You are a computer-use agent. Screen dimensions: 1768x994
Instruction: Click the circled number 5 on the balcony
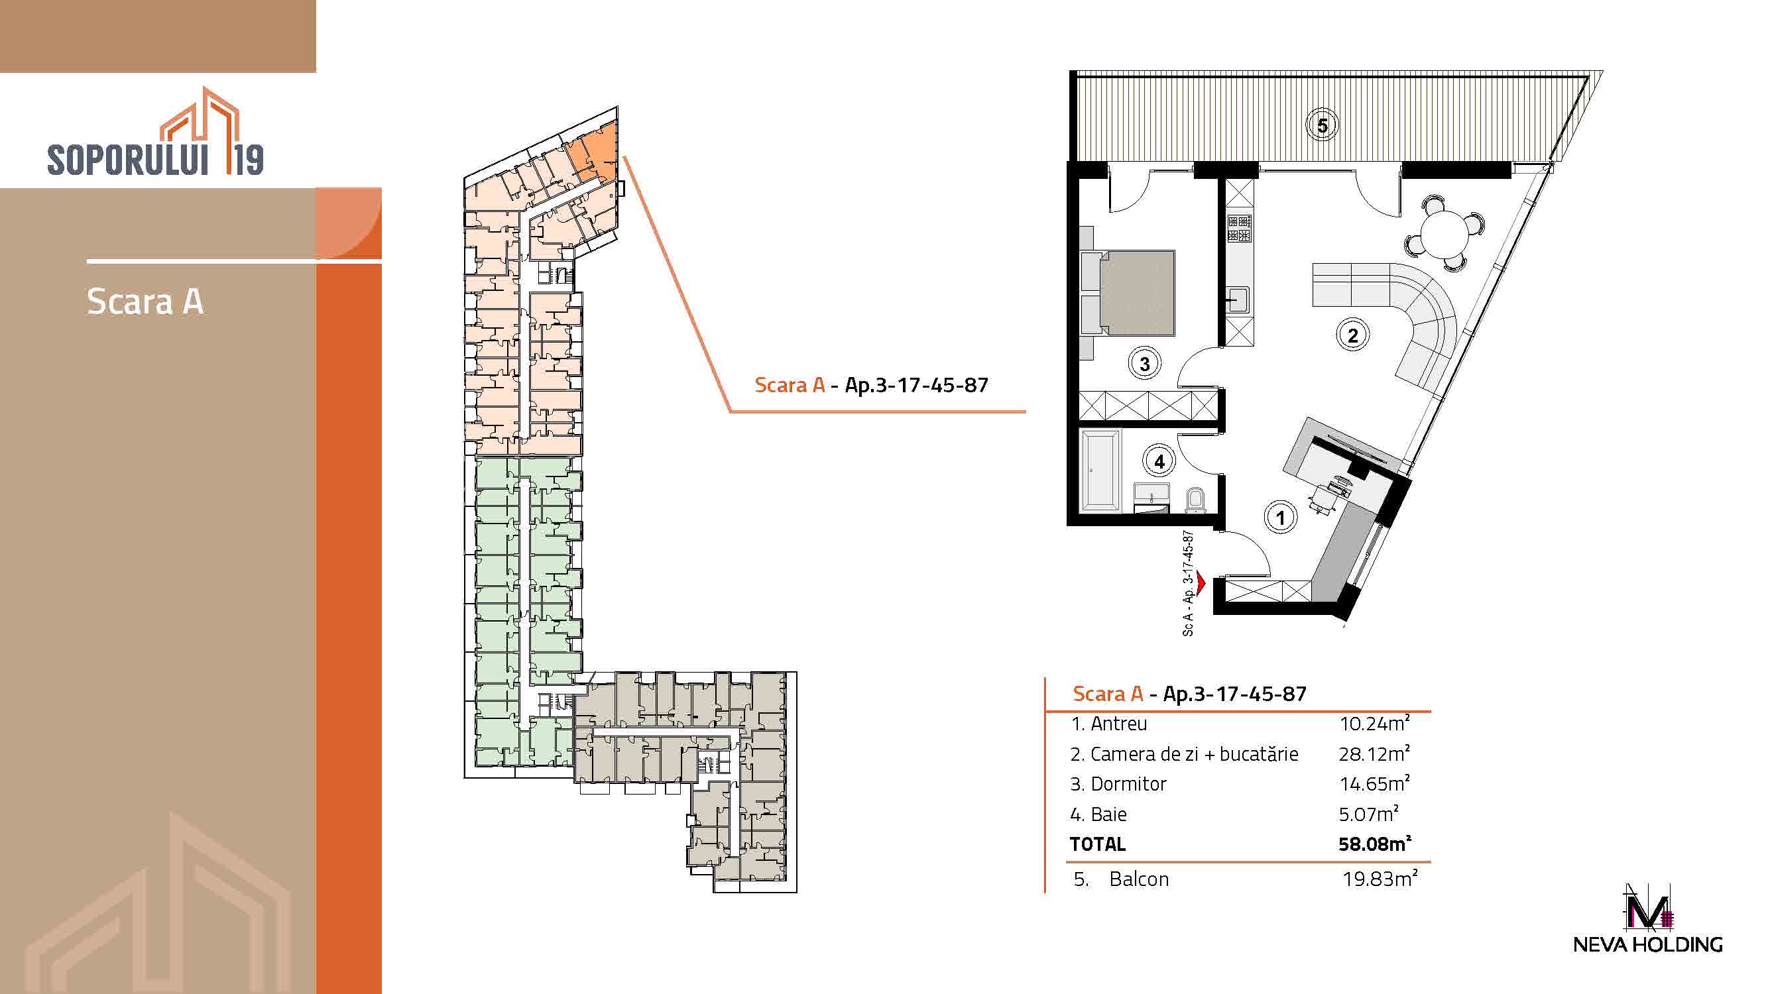click(x=1322, y=126)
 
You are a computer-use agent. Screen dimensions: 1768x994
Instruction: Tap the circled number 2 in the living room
click(x=1353, y=335)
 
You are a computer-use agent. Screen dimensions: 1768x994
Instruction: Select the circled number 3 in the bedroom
click(x=1144, y=364)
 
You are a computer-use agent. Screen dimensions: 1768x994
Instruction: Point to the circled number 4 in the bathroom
click(x=1159, y=461)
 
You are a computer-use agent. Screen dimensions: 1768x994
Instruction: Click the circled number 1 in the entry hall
click(x=1280, y=518)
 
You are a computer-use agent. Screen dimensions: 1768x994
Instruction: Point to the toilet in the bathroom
click(x=1195, y=501)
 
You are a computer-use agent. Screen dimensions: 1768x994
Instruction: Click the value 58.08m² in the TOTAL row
click(x=1375, y=844)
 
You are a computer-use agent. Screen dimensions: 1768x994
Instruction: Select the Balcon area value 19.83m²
click(x=1380, y=879)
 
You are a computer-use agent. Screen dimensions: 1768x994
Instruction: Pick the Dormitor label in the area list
click(x=1128, y=784)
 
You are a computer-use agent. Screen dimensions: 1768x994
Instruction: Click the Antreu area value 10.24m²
click(x=1375, y=724)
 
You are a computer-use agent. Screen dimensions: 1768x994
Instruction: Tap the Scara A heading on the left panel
click(x=145, y=302)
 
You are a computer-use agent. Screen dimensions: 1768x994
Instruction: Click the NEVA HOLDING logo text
click(x=1648, y=944)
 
